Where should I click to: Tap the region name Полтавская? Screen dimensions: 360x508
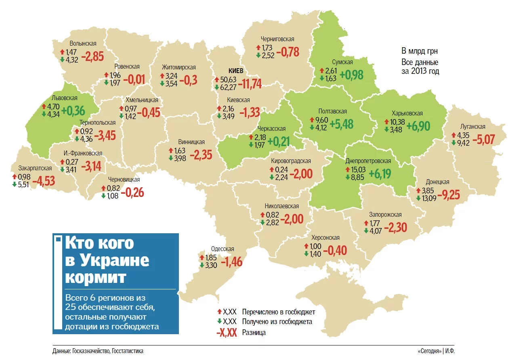[x=332, y=111]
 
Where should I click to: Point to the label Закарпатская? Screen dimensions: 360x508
[x=35, y=168]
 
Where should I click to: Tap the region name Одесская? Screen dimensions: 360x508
[x=223, y=249]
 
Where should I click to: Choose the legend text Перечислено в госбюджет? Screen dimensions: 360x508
[x=278, y=312]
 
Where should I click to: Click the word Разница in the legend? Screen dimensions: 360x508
[x=254, y=333]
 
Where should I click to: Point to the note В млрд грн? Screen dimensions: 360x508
[x=419, y=51]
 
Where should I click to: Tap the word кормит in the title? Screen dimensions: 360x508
[x=95, y=278]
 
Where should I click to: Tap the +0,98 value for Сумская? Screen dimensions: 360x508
[x=352, y=75]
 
